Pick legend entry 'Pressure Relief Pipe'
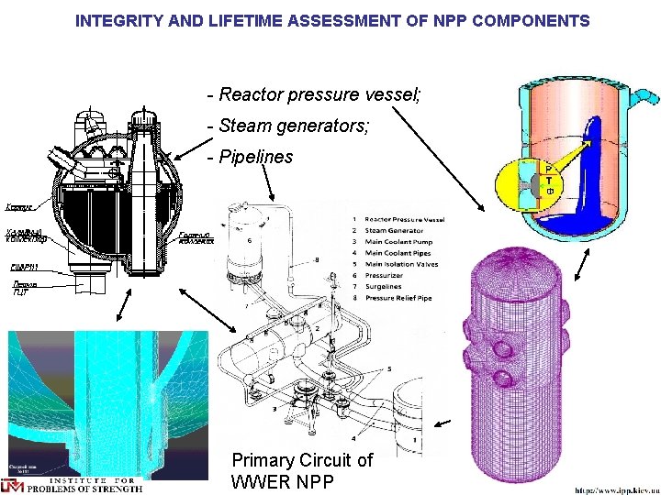(405, 299)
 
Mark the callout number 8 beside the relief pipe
(317, 260)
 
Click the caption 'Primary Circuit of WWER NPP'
(303, 470)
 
